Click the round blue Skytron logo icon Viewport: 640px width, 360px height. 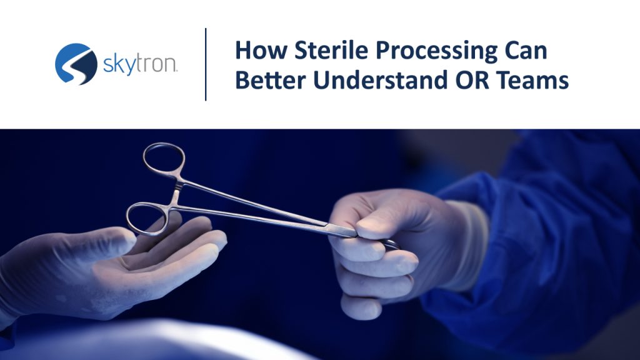coord(76,64)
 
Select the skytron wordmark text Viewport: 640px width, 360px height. coord(140,64)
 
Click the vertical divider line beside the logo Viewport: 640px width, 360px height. coord(206,64)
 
